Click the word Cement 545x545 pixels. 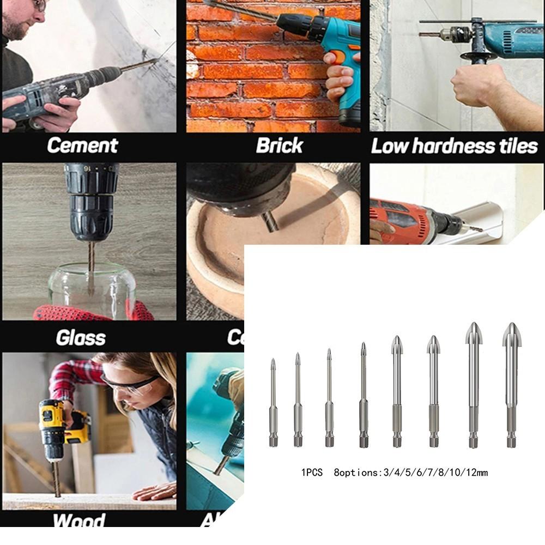point(82,146)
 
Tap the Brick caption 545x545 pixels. point(280,146)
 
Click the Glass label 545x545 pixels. point(80,338)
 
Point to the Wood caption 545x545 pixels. point(78,520)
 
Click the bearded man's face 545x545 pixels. point(22,19)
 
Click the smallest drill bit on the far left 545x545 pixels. point(273,403)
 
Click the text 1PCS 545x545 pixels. point(312,473)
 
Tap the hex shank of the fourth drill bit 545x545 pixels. point(364,436)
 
